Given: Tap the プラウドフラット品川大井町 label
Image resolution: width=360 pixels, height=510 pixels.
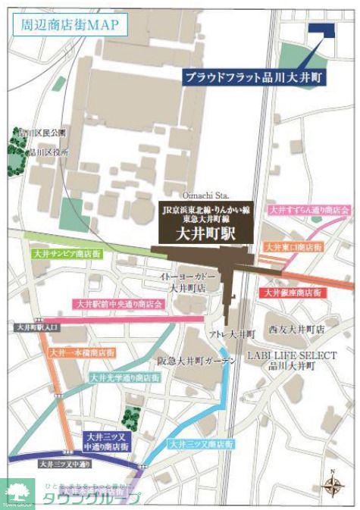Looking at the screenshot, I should click(255, 77).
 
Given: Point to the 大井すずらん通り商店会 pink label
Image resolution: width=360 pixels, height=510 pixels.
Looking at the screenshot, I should click(308, 209).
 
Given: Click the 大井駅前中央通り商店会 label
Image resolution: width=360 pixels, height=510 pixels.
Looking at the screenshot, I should click(119, 303).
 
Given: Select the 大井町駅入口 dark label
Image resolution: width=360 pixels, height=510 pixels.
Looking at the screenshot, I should click(35, 327).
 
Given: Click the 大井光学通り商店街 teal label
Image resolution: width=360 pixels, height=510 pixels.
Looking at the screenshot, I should click(124, 377).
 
